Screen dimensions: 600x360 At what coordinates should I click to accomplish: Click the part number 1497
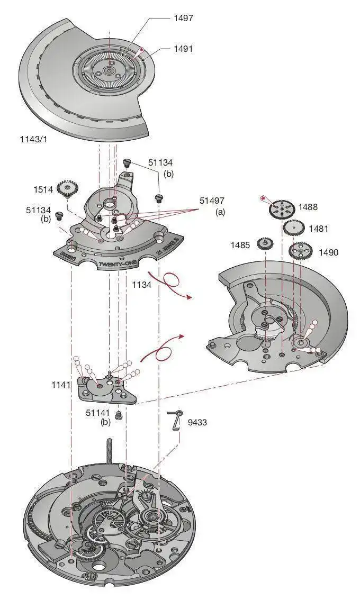point(183,18)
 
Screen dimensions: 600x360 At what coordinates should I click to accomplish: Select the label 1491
point(183,48)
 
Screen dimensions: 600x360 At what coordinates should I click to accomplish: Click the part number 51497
point(212,201)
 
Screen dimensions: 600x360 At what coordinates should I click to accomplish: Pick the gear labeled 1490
point(301,251)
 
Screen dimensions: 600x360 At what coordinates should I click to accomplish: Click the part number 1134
point(142,285)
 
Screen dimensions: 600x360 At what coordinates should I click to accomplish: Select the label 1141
point(62,385)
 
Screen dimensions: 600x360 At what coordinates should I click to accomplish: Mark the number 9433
point(198,422)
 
